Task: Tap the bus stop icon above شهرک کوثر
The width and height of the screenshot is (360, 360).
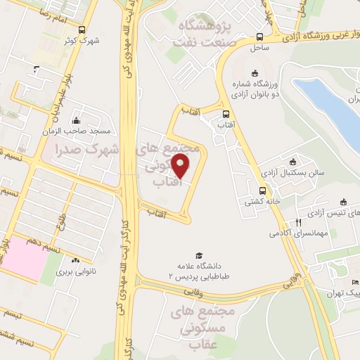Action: [83, 30]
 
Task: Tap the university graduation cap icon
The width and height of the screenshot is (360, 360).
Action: [199, 255]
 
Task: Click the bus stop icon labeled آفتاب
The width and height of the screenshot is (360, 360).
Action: [226, 113]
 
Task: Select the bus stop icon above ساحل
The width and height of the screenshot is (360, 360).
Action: [260, 37]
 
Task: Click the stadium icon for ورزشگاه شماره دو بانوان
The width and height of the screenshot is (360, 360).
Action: [255, 72]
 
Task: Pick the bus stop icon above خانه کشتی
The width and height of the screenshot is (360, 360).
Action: [263, 190]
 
